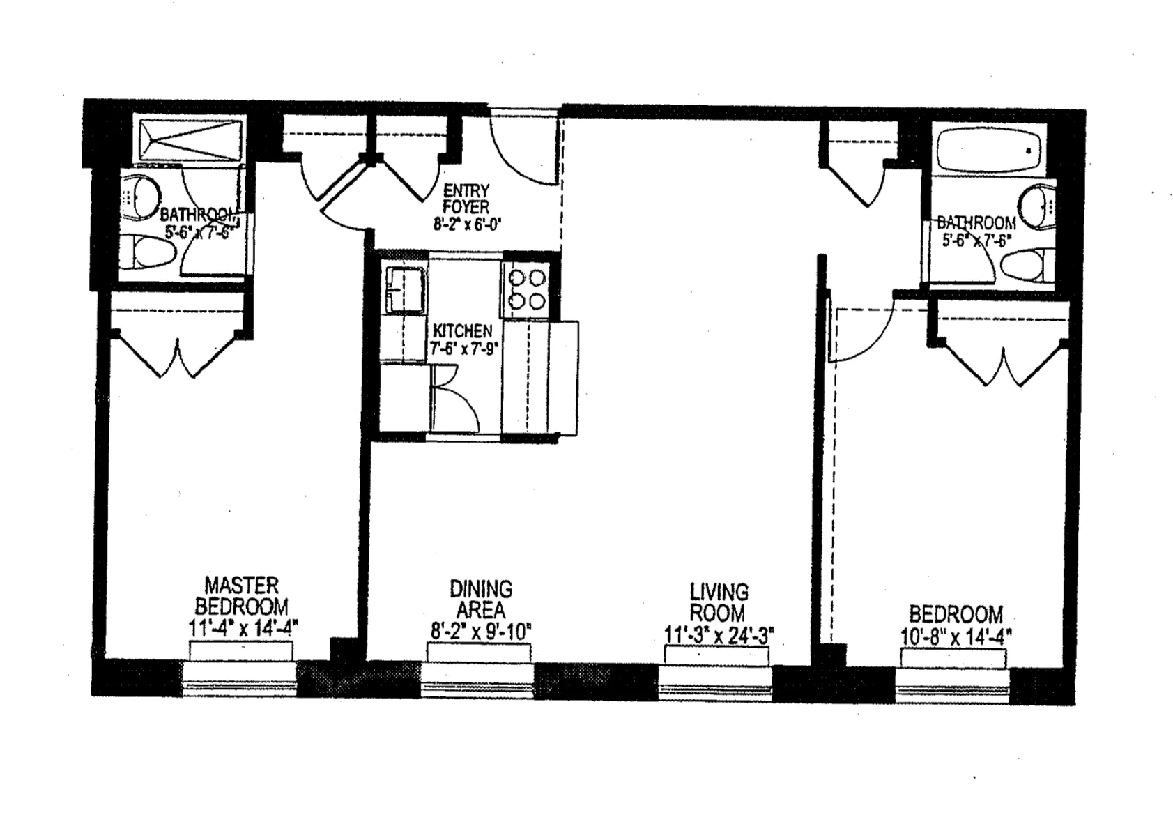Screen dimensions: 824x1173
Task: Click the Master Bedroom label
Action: (x=242, y=595)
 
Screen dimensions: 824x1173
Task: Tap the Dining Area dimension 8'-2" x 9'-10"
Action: (x=480, y=632)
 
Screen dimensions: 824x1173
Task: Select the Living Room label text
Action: (x=719, y=602)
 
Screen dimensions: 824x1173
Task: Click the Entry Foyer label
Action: (x=466, y=199)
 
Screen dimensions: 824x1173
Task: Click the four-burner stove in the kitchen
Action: (x=526, y=289)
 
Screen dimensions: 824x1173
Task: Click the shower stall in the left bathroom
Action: (x=190, y=140)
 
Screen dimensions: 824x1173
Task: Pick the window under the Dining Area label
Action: (x=478, y=675)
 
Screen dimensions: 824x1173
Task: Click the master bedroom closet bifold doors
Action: (x=179, y=356)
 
